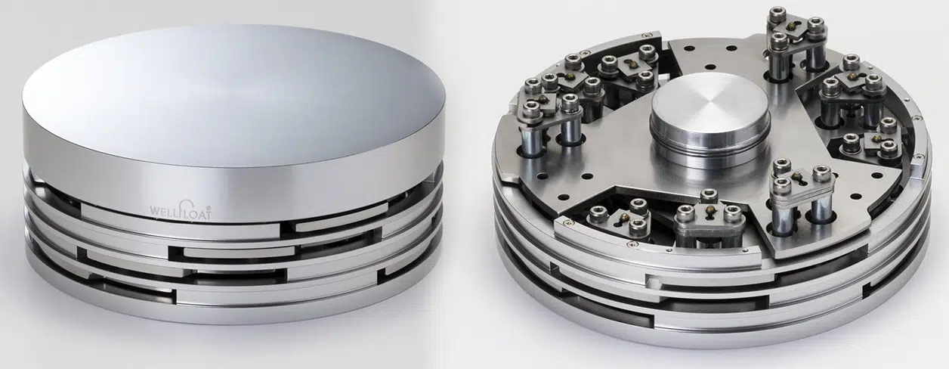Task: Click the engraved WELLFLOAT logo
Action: coord(181,209)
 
